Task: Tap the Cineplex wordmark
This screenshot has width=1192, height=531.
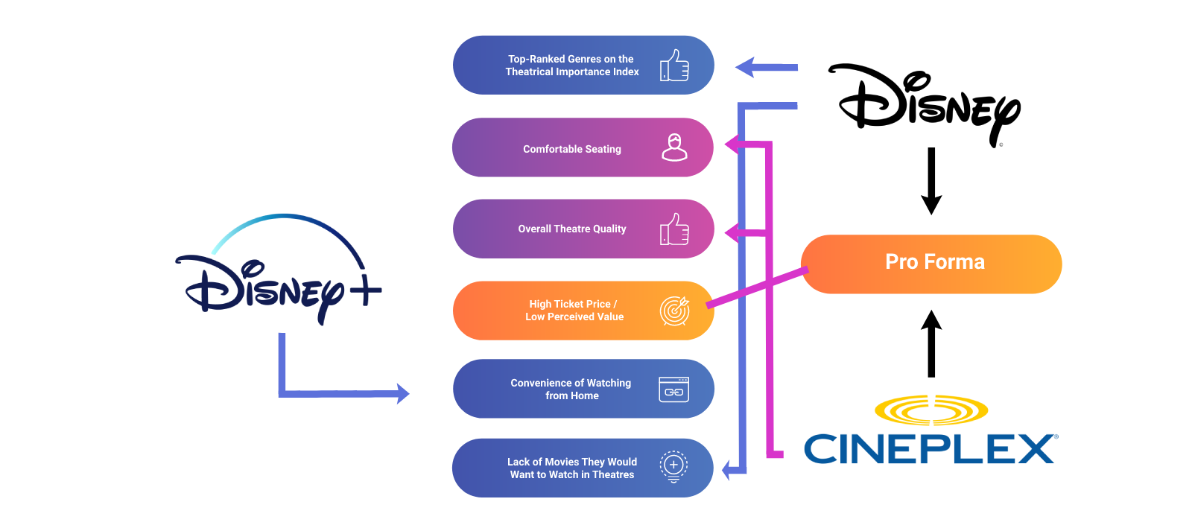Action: (x=931, y=449)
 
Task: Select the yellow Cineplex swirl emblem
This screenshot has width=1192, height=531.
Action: (x=931, y=410)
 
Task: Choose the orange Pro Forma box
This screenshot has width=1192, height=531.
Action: (x=931, y=264)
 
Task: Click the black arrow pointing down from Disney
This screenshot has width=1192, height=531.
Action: (x=931, y=181)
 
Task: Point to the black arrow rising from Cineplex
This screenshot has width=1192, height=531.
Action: (x=931, y=344)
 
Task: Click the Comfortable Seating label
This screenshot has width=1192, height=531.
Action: (x=572, y=149)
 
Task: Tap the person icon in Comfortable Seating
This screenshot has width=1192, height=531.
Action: (x=674, y=147)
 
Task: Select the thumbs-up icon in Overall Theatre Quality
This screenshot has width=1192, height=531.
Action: (x=674, y=229)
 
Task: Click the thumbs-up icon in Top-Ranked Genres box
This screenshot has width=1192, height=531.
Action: (x=674, y=66)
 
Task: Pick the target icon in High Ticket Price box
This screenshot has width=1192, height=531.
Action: (x=675, y=311)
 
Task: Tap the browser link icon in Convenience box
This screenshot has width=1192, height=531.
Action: (x=673, y=389)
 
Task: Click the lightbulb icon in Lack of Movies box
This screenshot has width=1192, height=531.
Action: (x=673, y=467)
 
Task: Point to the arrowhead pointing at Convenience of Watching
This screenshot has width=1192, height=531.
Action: (x=403, y=394)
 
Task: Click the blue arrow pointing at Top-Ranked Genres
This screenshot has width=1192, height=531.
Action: (x=767, y=68)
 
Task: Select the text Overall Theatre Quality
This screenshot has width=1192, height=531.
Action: (x=572, y=229)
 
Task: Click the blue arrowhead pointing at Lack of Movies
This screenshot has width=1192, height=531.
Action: (x=727, y=471)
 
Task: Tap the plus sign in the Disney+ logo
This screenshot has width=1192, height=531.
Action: (x=366, y=290)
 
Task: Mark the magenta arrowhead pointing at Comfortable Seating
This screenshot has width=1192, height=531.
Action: (x=732, y=144)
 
